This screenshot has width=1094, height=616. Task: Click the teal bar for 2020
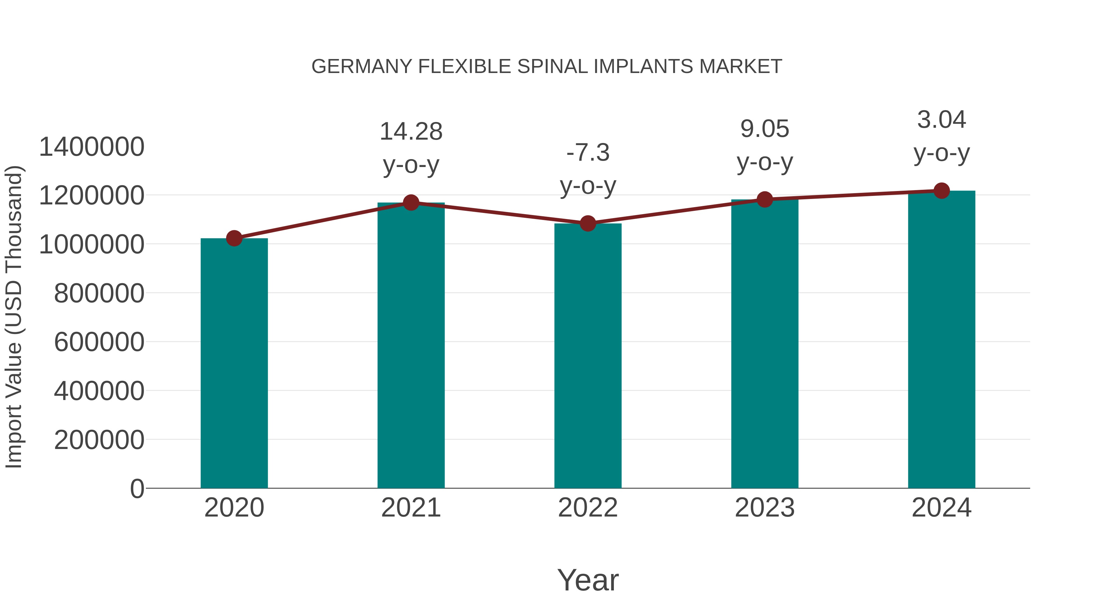point(234,364)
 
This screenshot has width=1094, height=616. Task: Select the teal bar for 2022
point(588,356)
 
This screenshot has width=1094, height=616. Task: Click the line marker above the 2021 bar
point(411,203)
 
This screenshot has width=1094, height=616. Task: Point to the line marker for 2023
point(765,199)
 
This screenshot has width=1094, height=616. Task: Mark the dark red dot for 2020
point(234,238)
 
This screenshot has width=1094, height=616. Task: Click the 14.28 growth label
point(411,131)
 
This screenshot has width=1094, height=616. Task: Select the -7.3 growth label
point(588,153)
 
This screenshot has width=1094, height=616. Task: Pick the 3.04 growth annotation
point(941,120)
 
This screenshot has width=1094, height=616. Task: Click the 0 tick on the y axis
point(137,489)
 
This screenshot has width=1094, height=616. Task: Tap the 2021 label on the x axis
point(411,508)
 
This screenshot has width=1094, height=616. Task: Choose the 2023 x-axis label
point(765,508)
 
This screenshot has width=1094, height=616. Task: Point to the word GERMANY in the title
point(362,67)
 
